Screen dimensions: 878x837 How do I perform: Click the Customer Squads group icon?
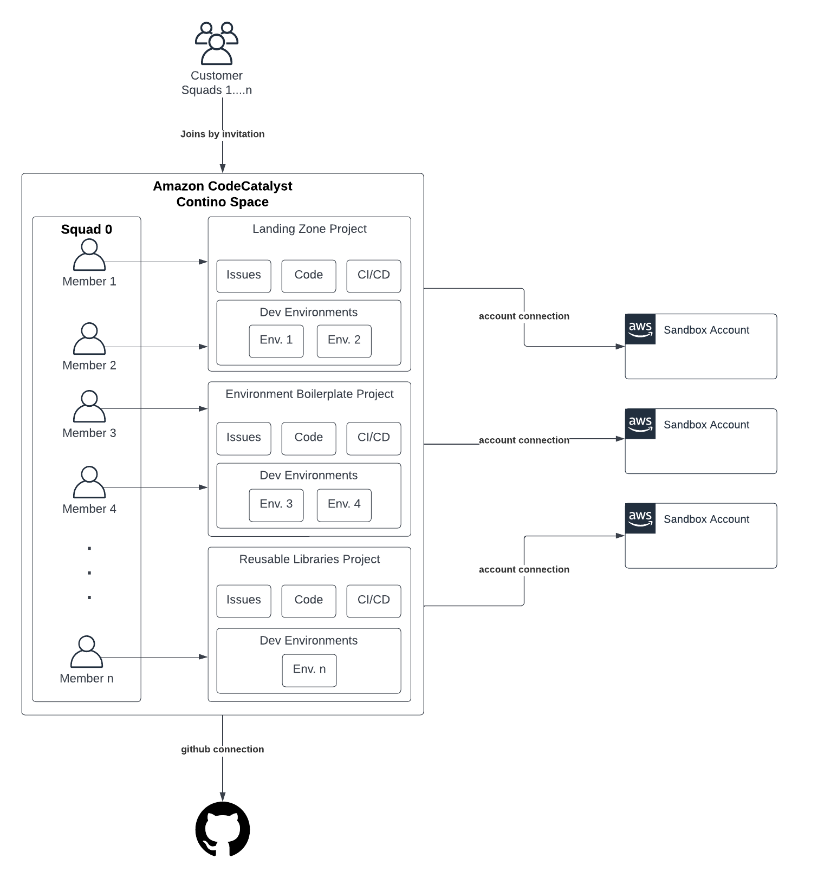pyautogui.click(x=217, y=43)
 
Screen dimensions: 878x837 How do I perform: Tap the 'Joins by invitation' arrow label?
pyautogui.click(x=222, y=134)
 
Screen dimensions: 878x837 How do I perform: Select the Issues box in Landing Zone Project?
pyautogui.click(x=244, y=276)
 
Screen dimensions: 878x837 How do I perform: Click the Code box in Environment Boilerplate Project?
pyautogui.click(x=309, y=438)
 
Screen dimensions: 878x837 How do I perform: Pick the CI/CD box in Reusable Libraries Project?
pyautogui.click(x=374, y=601)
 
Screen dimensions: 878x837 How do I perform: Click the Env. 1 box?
pyautogui.click(x=276, y=341)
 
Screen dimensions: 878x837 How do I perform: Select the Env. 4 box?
pyautogui.click(x=344, y=505)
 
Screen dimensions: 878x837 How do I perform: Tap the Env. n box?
pyautogui.click(x=309, y=670)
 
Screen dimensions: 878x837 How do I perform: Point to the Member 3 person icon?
pyautogui.click(x=89, y=406)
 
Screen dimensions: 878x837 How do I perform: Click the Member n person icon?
pyautogui.click(x=87, y=652)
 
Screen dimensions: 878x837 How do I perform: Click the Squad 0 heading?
pyautogui.click(x=87, y=229)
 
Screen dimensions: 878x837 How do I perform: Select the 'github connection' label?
pyautogui.click(x=222, y=749)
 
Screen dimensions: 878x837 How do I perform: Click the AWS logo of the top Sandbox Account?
pyautogui.click(x=640, y=329)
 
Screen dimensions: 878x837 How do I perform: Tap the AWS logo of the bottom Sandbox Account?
pyautogui.click(x=640, y=518)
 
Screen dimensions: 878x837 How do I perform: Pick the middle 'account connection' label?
pyautogui.click(x=524, y=440)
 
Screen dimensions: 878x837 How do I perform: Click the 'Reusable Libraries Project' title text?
pyautogui.click(x=309, y=559)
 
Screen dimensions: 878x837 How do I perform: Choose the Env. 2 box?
pyautogui.click(x=344, y=341)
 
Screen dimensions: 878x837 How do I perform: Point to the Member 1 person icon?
pyautogui.click(x=89, y=255)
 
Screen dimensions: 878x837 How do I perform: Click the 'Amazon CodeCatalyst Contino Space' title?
pyautogui.click(x=222, y=194)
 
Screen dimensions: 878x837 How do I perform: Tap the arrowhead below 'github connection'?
pyautogui.click(x=222, y=796)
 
